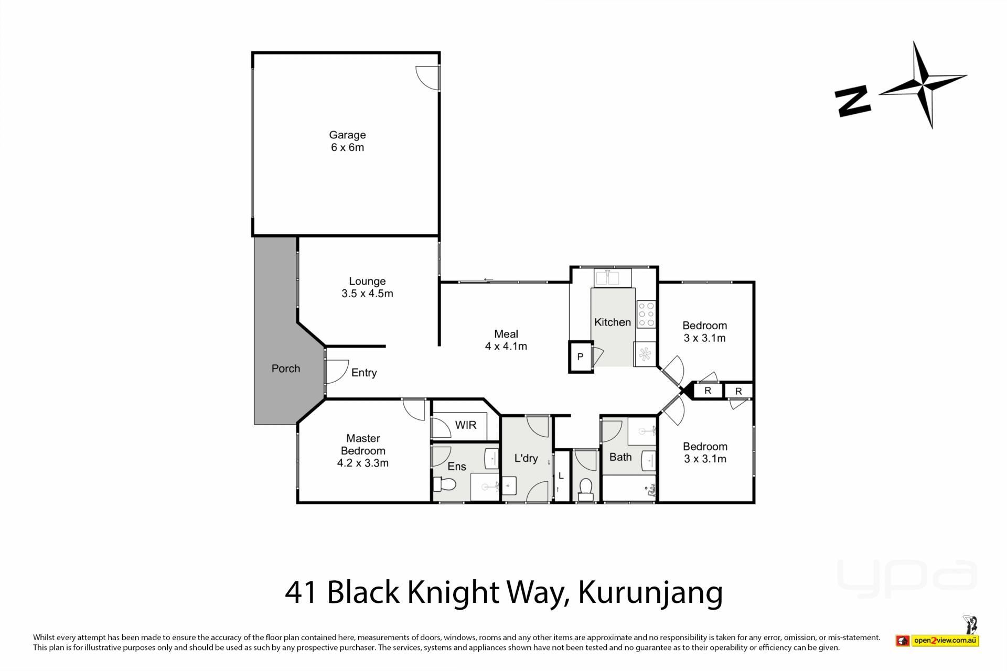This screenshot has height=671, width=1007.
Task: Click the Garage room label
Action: [x=347, y=141]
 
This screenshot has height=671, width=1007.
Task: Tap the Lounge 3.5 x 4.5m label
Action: [x=367, y=287]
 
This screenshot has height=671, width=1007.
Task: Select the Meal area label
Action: [x=506, y=340]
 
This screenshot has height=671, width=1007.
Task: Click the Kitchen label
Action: [x=613, y=322]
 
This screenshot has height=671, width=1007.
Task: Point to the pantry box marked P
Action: [x=581, y=357]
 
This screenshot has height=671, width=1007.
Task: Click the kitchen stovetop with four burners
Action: [x=646, y=314]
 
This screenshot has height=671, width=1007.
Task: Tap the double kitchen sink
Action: [x=613, y=277]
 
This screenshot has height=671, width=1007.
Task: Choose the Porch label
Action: [x=286, y=369]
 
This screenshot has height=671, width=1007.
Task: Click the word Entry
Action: [x=364, y=373]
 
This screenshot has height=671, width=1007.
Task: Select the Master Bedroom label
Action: [x=363, y=450]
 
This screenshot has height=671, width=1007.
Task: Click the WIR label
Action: [x=466, y=425]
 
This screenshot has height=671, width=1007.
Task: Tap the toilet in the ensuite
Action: [x=444, y=484]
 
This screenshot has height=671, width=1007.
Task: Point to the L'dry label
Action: [x=526, y=458]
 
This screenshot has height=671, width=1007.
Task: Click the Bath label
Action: [x=620, y=457]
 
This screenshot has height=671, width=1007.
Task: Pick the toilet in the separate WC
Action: [x=585, y=490]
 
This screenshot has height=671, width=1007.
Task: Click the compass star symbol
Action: [x=923, y=84]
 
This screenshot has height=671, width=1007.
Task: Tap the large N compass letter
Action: [x=852, y=102]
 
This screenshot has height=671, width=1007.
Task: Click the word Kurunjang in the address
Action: [x=650, y=593]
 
